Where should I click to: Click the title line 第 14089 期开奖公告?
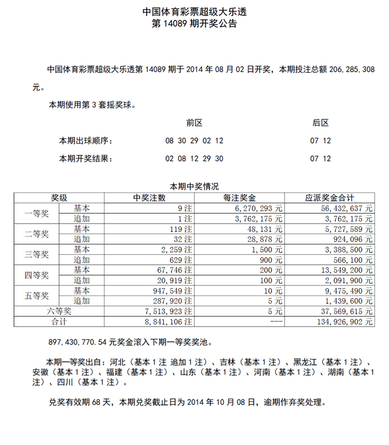click(194, 24)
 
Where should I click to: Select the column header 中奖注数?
click(149, 197)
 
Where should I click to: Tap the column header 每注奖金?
click(240, 197)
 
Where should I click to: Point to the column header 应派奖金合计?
click(330, 197)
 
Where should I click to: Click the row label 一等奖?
click(37, 214)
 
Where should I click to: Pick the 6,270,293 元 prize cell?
click(256, 208)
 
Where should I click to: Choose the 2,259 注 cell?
click(177, 249)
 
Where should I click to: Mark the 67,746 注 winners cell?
click(175, 270)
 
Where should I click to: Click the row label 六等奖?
click(59, 311)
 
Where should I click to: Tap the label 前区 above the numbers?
click(194, 123)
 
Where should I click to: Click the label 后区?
click(321, 123)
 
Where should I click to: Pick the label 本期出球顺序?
click(86, 141)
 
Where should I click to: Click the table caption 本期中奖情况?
click(194, 186)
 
